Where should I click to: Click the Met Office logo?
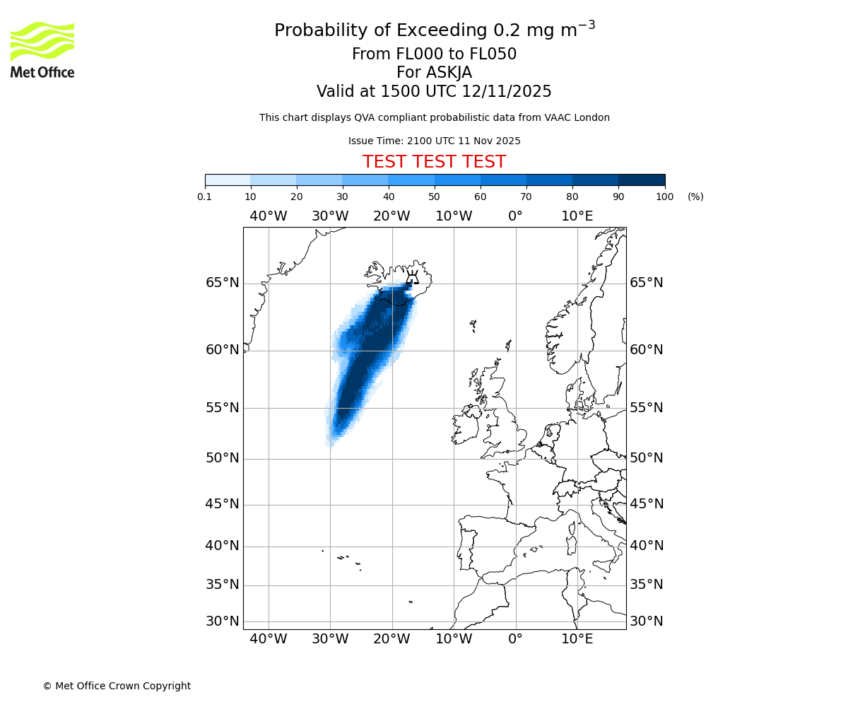tap(42, 49)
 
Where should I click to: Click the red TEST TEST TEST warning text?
tap(434, 162)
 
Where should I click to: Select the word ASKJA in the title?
tap(449, 73)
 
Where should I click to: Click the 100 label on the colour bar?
tap(664, 197)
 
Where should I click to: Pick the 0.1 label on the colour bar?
tap(205, 197)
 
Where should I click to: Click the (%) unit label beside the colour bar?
tap(695, 197)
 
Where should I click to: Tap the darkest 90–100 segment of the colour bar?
tap(642, 180)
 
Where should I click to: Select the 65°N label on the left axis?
tap(222, 283)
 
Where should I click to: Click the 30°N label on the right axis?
tap(647, 621)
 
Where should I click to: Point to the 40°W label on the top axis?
tap(269, 216)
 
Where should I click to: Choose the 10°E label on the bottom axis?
tap(577, 640)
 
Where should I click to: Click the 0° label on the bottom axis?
tap(515, 640)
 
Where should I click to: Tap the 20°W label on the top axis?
tap(391, 216)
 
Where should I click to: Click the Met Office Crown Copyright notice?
tap(117, 686)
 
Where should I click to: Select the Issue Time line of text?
tap(434, 141)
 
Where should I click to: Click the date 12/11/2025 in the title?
tap(507, 92)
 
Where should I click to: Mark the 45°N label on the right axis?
tap(647, 504)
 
